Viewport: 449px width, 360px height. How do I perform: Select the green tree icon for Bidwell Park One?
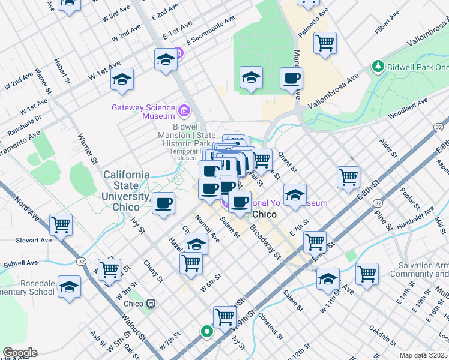(x=378, y=65)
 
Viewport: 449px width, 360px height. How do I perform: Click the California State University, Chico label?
(x=126, y=190)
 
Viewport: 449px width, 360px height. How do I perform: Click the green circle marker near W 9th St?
(x=206, y=331)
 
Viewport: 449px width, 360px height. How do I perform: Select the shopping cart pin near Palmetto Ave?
(x=325, y=43)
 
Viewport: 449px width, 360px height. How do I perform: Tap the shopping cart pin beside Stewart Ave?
(x=61, y=225)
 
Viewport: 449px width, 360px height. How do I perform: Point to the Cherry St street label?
(x=152, y=271)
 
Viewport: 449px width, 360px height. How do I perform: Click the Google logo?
(x=20, y=352)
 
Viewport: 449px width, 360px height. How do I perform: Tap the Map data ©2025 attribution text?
(x=423, y=355)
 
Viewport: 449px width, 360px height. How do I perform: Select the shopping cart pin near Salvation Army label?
(x=367, y=274)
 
